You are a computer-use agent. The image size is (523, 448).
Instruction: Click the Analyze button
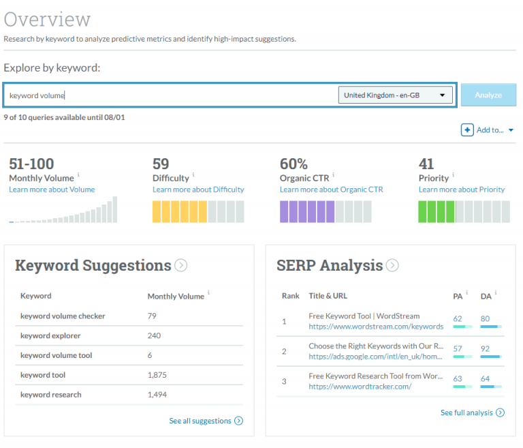pyautogui.click(x=488, y=95)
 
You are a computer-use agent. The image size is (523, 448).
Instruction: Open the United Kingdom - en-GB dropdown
pyautogui.click(x=395, y=95)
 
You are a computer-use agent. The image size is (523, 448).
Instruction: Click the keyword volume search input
pyautogui.click(x=170, y=95)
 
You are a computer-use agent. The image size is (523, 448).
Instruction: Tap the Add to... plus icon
pyautogui.click(x=467, y=130)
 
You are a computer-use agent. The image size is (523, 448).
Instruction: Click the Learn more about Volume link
pyautogui.click(x=52, y=190)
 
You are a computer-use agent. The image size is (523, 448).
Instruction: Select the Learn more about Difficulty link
pyautogui.click(x=198, y=190)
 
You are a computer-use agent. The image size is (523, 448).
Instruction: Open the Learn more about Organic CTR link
pyautogui.click(x=331, y=190)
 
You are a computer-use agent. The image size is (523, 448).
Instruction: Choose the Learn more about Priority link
pyautogui.click(x=462, y=190)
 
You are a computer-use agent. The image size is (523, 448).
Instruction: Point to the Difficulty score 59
pyautogui.click(x=161, y=164)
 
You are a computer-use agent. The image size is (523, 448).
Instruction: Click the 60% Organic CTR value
pyautogui.click(x=294, y=164)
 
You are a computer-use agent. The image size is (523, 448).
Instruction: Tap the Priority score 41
pyautogui.click(x=426, y=164)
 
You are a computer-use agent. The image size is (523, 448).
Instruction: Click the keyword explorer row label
pyautogui.click(x=50, y=335)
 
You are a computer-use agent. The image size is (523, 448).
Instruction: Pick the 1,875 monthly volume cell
pyautogui.click(x=157, y=375)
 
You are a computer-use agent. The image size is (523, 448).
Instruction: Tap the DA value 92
pyautogui.click(x=485, y=348)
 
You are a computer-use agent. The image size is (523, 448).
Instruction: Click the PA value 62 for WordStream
pyautogui.click(x=458, y=318)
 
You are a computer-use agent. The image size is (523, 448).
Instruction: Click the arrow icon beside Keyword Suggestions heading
pyautogui.click(x=180, y=265)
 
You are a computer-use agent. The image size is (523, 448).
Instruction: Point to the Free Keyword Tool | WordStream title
pyautogui.click(x=364, y=316)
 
